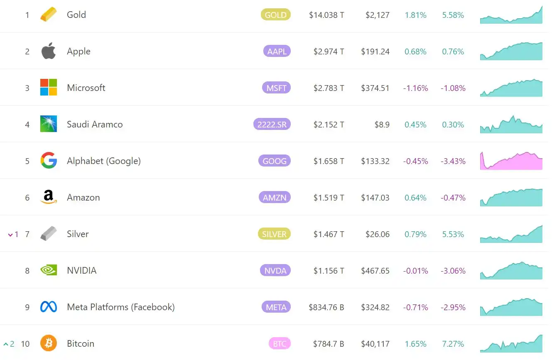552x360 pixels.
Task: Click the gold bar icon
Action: coord(48,15)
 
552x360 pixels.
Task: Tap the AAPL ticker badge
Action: coord(277,51)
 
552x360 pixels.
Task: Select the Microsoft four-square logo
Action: coord(48,88)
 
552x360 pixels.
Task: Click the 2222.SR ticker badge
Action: coord(272,124)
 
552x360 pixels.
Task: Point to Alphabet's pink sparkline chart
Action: coord(511,161)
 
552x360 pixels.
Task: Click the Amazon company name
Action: coord(83,198)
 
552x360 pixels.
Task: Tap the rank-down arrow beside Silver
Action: coord(11,235)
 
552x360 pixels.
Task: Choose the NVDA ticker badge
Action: coord(275,271)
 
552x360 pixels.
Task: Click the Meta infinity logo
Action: coord(48,307)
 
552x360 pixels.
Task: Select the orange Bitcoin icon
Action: coord(48,344)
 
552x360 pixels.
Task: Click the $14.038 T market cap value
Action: coord(326,15)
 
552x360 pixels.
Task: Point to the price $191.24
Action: coord(375,52)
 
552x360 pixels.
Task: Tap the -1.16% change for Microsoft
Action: coord(415,88)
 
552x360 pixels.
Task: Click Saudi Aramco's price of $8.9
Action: coord(382,125)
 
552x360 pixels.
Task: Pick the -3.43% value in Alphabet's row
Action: coord(453,162)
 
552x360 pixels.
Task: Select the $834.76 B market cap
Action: coord(326,308)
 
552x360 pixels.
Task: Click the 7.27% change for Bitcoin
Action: coord(453,344)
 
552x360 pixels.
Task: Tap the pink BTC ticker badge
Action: coord(280,344)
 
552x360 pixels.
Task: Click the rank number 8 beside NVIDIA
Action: coord(27,271)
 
